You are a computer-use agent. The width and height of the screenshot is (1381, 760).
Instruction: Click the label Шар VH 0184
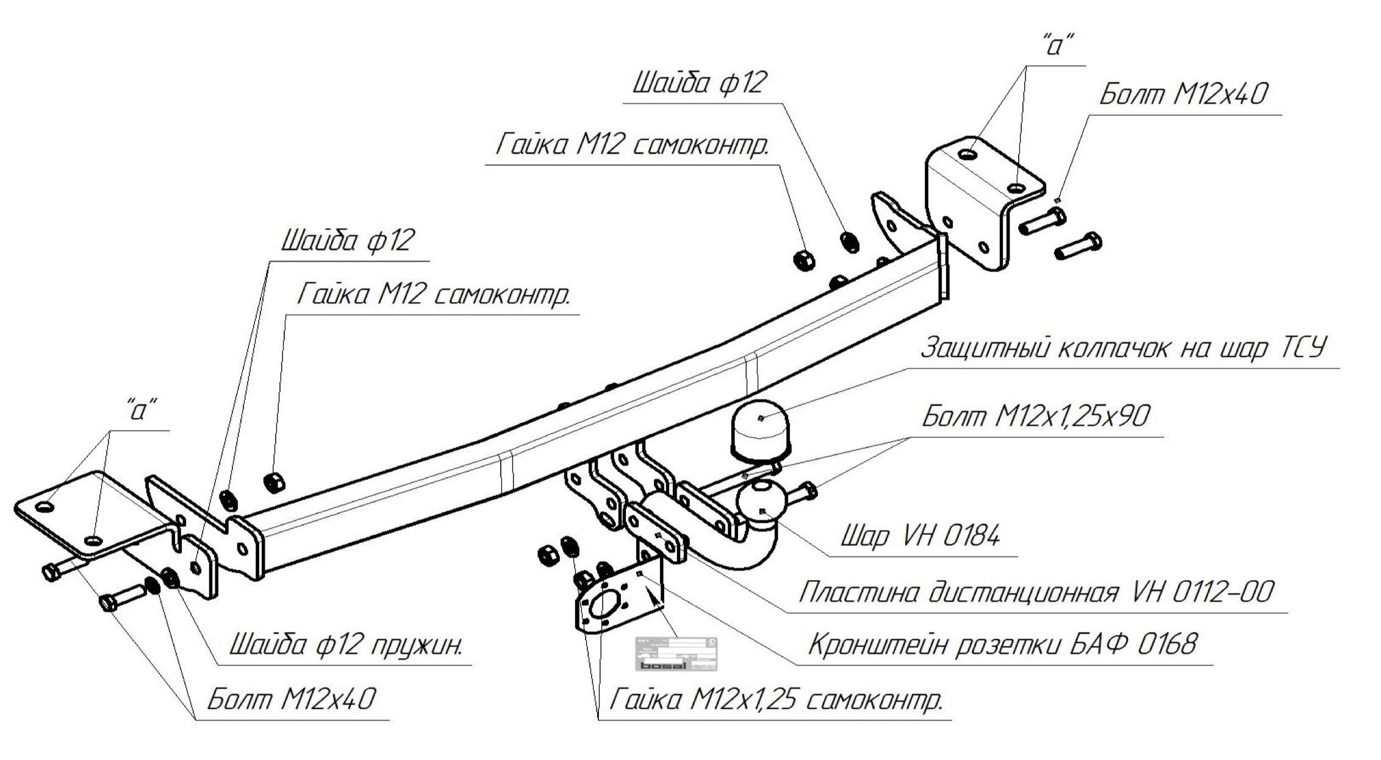click(920, 537)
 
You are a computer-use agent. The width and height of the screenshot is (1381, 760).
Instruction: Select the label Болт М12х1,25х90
click(1035, 417)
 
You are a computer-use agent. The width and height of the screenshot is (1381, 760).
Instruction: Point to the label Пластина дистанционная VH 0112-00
click(1036, 592)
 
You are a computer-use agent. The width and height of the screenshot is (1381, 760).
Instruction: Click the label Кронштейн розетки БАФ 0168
click(1002, 644)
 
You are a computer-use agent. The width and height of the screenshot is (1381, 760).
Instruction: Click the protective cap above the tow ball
click(759, 430)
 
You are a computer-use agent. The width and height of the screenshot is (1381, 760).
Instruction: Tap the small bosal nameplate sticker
click(676, 654)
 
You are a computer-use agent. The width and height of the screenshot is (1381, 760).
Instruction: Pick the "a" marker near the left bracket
click(142, 411)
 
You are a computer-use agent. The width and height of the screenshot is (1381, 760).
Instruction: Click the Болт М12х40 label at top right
click(1183, 95)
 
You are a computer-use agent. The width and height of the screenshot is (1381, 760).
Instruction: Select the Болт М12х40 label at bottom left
click(292, 699)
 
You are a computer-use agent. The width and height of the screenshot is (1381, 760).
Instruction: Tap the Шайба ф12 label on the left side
click(348, 240)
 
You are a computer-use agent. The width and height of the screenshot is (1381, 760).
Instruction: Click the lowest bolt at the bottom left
click(125, 597)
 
